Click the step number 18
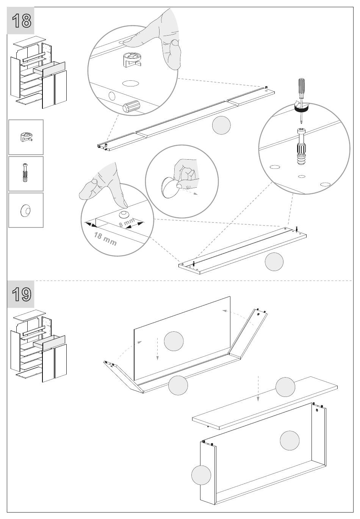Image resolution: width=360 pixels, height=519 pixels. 21,21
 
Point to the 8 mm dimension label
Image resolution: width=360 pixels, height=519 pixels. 126,223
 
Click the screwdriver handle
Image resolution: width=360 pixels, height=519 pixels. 302,88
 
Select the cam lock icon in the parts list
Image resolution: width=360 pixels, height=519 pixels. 26,137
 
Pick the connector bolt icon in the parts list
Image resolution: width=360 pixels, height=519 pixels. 26,173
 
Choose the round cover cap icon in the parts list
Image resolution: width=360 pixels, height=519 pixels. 26,210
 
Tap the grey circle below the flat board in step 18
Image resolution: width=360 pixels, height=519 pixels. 274,262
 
